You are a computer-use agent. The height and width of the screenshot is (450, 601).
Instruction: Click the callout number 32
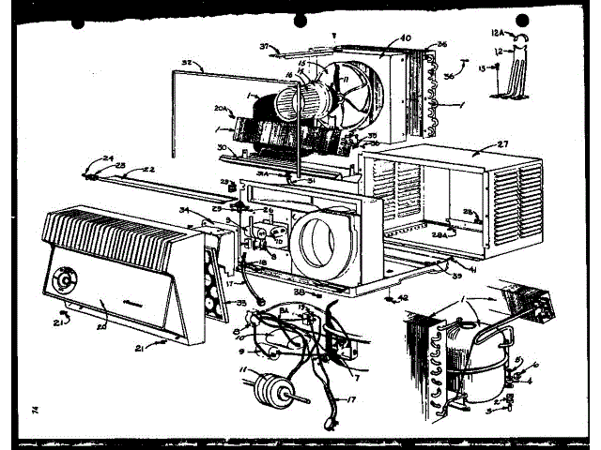pyautogui.click(x=188, y=64)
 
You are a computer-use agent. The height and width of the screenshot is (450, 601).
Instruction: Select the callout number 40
pyautogui.click(x=406, y=38)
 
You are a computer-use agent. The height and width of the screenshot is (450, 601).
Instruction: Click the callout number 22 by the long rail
pyautogui.click(x=148, y=169)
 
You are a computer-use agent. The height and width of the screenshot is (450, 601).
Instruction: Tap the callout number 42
pyautogui.click(x=404, y=300)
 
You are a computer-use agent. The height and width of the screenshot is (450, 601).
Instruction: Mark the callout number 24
pyautogui.click(x=109, y=157)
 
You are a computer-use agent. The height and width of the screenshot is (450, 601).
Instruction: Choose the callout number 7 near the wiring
pyautogui.click(x=358, y=377)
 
